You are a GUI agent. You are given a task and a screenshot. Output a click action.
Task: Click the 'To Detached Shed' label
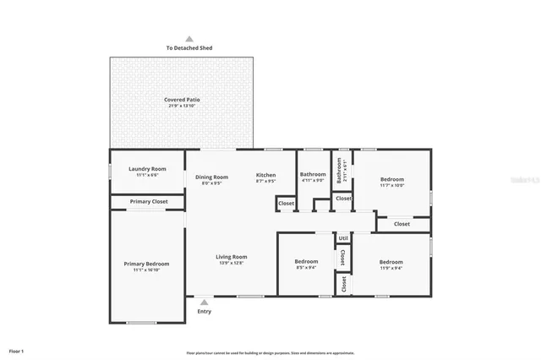click(189, 49)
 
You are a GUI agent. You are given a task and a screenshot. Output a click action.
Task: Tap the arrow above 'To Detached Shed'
click(189, 39)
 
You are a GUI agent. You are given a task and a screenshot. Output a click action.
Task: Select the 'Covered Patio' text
click(182, 100)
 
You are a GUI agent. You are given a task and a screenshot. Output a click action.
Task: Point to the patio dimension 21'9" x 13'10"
click(182, 106)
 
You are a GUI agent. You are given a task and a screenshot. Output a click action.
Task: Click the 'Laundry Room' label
click(147, 169)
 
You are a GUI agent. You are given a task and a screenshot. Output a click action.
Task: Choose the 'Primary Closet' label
click(148, 202)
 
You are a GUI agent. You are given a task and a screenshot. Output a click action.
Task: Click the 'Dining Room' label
click(212, 176)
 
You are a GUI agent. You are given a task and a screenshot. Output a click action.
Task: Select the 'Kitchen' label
click(266, 176)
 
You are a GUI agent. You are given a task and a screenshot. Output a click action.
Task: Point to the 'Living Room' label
click(231, 257)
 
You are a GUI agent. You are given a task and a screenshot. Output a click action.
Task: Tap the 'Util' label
click(343, 237)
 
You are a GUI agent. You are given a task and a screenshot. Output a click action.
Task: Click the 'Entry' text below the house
click(204, 311)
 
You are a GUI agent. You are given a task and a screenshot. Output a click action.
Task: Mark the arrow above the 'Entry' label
click(204, 301)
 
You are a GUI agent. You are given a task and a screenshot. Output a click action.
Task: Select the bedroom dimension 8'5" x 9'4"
click(306, 268)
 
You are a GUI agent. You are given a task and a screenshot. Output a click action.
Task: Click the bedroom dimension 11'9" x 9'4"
click(391, 268)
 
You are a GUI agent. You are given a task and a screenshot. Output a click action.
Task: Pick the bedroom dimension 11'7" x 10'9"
click(391, 185)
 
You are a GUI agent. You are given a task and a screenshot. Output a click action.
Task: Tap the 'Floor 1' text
click(17, 350)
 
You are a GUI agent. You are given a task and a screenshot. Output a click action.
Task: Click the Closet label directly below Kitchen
click(286, 204)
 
